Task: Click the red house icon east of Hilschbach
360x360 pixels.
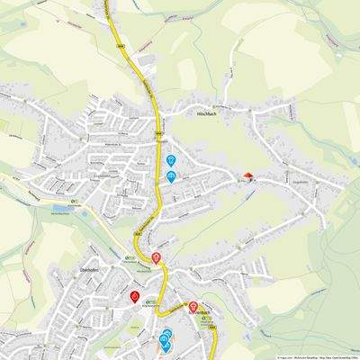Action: [x=248, y=175]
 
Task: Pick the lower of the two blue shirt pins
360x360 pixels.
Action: [x=171, y=175]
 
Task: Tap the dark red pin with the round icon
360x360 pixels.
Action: [x=134, y=296]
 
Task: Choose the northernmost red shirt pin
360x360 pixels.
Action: [x=157, y=258]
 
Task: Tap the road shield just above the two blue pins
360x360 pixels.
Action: [x=159, y=133]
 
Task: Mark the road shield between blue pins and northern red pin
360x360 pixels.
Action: [x=139, y=233]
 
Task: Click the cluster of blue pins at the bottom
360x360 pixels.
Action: [x=166, y=339]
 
